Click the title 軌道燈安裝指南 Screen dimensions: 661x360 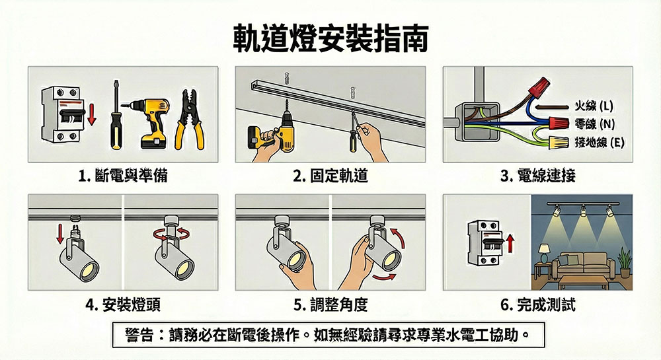[x=330, y=39]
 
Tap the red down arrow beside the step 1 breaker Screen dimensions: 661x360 [x=91, y=114]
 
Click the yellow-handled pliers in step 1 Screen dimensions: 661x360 [x=189, y=120]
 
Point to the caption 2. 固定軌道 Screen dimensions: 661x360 [x=330, y=176]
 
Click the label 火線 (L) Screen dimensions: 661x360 [x=594, y=106]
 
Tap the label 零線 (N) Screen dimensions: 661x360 [x=595, y=124]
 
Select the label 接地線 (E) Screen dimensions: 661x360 [x=600, y=142]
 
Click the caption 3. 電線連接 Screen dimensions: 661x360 [x=538, y=176]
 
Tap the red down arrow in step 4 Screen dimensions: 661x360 [x=60, y=234]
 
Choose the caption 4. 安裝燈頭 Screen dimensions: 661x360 [x=123, y=305]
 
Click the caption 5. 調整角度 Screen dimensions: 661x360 [x=330, y=305]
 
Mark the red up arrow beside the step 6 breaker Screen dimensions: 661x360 [x=510, y=244]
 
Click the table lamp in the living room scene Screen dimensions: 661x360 [x=544, y=252]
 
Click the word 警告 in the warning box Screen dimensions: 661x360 [x=139, y=335]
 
